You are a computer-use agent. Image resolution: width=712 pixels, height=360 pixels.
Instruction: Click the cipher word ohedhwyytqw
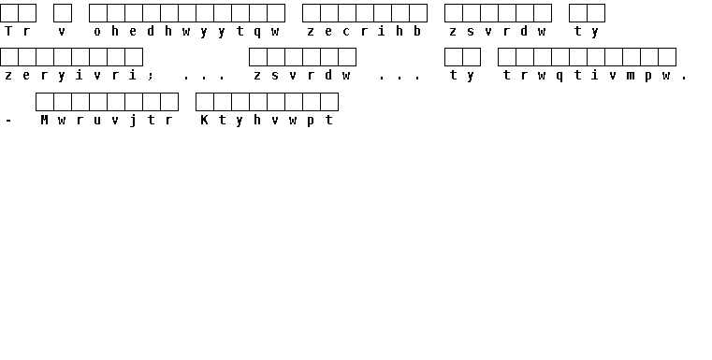(x=186, y=31)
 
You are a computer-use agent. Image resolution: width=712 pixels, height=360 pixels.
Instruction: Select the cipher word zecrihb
(x=364, y=31)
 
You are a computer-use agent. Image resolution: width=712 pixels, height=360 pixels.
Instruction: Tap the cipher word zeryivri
(x=70, y=76)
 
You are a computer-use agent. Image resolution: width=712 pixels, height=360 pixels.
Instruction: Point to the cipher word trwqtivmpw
(x=587, y=76)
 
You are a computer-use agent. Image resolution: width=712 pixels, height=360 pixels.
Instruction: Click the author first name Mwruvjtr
(x=107, y=121)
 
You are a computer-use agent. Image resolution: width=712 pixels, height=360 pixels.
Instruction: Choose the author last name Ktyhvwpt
(x=267, y=121)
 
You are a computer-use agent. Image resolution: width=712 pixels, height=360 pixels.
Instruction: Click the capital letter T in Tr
(x=8, y=31)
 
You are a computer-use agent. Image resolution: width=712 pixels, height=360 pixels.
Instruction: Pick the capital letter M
(x=44, y=120)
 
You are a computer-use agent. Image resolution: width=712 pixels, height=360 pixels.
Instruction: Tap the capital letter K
(x=204, y=120)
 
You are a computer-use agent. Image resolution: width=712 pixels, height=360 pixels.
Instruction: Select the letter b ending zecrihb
(x=417, y=31)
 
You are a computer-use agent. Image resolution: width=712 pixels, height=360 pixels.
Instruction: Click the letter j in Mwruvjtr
(x=133, y=121)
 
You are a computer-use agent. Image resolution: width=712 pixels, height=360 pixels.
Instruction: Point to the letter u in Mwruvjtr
(x=97, y=122)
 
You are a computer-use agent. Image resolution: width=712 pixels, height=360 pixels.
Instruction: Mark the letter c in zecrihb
(x=346, y=32)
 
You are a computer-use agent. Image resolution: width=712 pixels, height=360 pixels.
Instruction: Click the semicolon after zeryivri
(x=151, y=77)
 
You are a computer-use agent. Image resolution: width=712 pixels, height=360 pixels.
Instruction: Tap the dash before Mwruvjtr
(x=8, y=121)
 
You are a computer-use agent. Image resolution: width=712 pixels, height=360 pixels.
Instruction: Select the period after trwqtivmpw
(x=684, y=79)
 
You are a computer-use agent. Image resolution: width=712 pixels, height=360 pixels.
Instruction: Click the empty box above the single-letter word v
(x=63, y=13)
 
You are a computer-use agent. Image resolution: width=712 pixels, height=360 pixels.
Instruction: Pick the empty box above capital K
(x=205, y=102)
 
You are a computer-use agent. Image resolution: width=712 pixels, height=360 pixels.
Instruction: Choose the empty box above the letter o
(x=98, y=13)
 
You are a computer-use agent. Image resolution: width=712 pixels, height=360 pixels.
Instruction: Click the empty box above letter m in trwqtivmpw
(x=632, y=57)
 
